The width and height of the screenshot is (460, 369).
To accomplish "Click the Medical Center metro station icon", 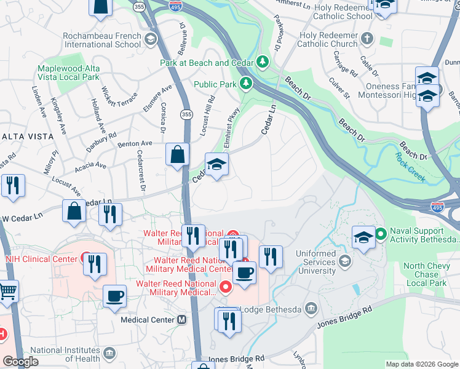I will pyautogui.click(x=181, y=320).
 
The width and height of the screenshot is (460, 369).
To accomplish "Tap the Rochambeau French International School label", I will pyautogui.click(x=101, y=40).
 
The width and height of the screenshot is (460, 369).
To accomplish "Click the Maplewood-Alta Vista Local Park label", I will pyautogui.click(x=68, y=73).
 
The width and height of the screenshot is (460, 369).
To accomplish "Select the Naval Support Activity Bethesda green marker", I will pyautogui.click(x=381, y=233).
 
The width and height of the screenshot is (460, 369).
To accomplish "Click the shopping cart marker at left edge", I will pyautogui.click(x=7, y=292).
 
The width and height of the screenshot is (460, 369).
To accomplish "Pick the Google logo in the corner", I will pyautogui.click(x=21, y=362).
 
